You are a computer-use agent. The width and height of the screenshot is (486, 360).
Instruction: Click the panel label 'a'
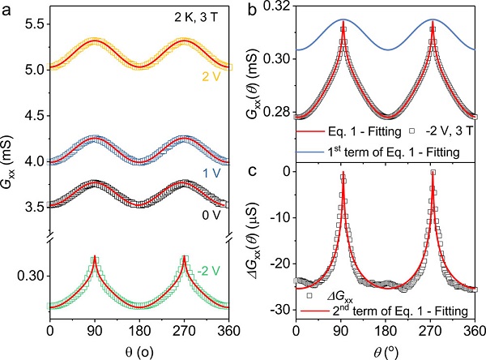(x=7, y=11)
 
